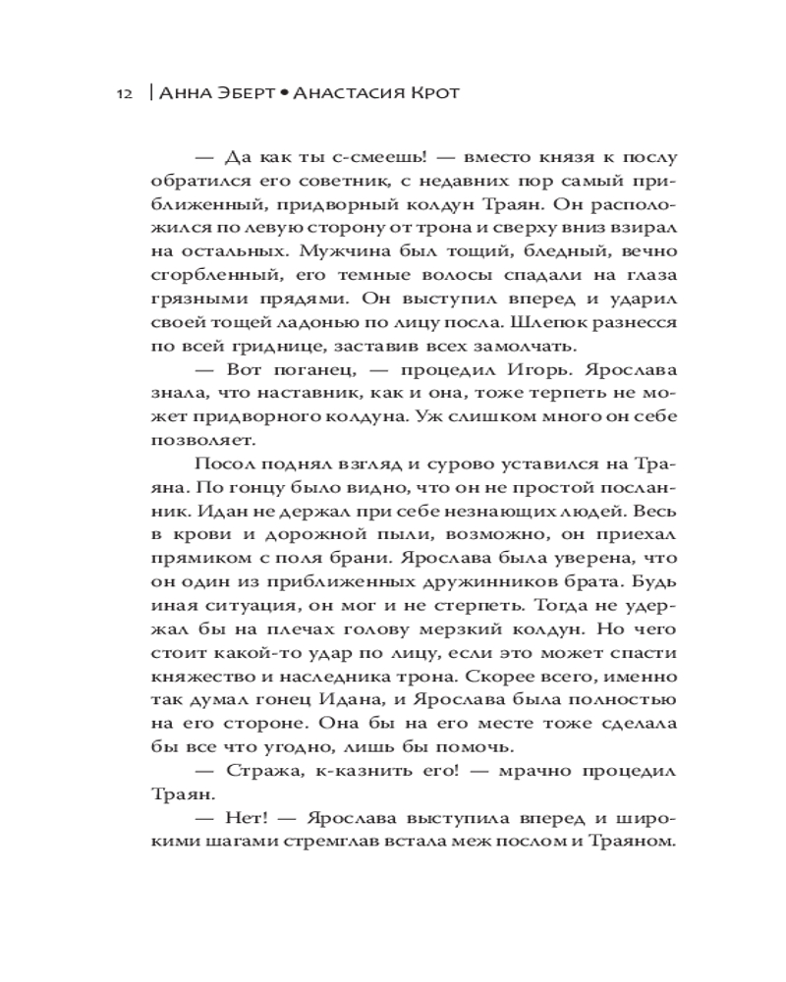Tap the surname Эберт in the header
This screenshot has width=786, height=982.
(240, 93)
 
